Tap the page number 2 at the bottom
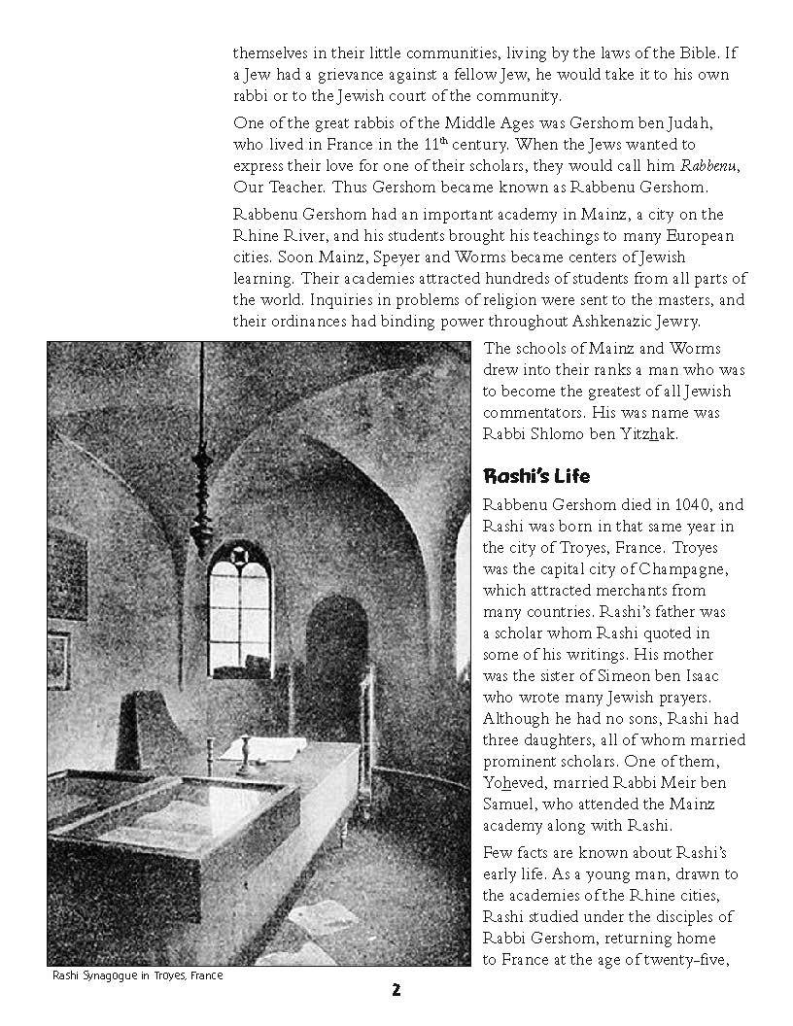396,991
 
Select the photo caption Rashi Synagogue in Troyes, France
138,975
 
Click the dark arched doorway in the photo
334,661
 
